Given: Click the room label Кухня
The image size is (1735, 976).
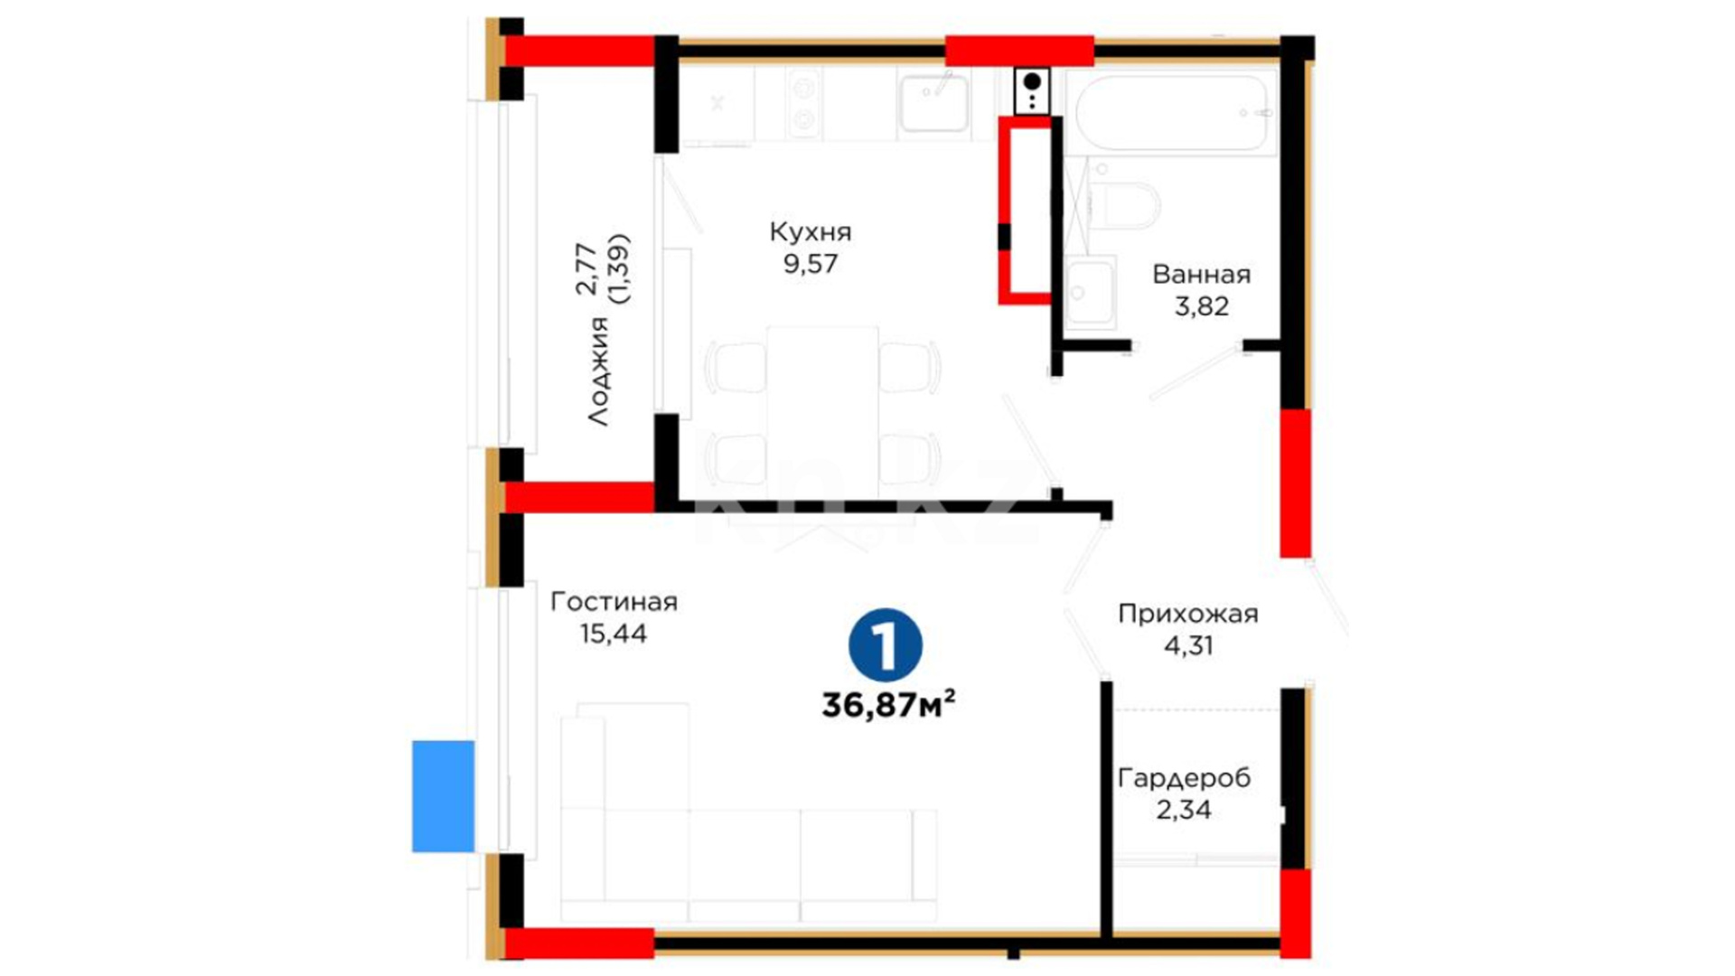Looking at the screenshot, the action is [811, 232].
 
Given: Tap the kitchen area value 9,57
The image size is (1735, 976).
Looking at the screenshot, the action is [811, 264].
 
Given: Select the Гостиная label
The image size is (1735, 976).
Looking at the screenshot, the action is [614, 602].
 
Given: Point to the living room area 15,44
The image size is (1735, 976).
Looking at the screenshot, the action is [614, 633].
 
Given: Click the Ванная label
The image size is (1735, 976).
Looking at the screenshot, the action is [1201, 275].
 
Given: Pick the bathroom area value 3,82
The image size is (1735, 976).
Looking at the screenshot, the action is [1201, 306].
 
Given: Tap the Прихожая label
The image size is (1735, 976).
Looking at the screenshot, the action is [1187, 615].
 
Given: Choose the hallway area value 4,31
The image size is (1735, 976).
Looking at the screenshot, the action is [1187, 646].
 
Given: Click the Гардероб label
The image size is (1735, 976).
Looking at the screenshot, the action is [1184, 778].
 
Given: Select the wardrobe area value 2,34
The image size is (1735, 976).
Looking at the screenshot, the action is [1184, 810].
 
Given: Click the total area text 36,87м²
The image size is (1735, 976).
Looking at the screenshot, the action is [888, 704].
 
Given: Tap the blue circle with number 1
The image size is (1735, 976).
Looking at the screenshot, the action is [886, 644].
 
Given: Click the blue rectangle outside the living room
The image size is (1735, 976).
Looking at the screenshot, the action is [443, 796].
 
